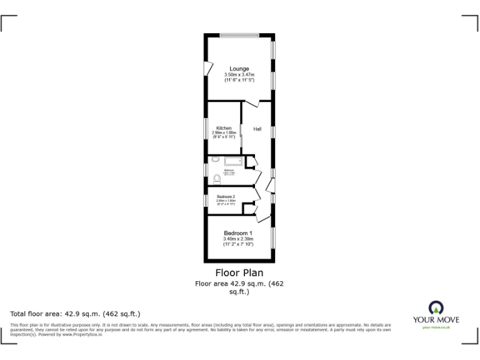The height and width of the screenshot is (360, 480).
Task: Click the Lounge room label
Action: click(239, 69)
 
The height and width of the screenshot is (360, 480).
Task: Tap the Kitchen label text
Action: click(224, 128)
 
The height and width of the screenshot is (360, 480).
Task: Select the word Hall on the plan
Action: click(257, 129)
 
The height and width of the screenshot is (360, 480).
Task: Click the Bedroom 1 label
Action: click(238, 233)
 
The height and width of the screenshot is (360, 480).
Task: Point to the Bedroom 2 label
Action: click(226, 196)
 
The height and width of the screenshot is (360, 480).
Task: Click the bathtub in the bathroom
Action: click(231, 161)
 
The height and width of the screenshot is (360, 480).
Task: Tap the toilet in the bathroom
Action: click(217, 179)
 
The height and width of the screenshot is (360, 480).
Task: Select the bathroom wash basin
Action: click(216, 160)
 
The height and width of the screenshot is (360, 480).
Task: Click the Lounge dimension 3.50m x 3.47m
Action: click(239, 75)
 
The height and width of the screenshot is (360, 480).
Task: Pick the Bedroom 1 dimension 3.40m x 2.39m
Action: click(238, 239)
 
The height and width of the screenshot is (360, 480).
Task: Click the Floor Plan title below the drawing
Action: click(239, 272)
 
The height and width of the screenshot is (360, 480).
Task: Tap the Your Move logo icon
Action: click(436, 307)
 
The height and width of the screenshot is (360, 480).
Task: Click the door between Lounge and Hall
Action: click(252, 104)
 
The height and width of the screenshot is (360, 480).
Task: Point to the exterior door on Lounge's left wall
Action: click(207, 68)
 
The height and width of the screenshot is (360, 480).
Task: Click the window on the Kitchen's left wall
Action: click(206, 128)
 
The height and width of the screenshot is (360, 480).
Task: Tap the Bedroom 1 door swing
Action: click(262, 216)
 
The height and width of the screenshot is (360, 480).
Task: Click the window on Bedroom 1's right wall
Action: click(272, 239)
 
